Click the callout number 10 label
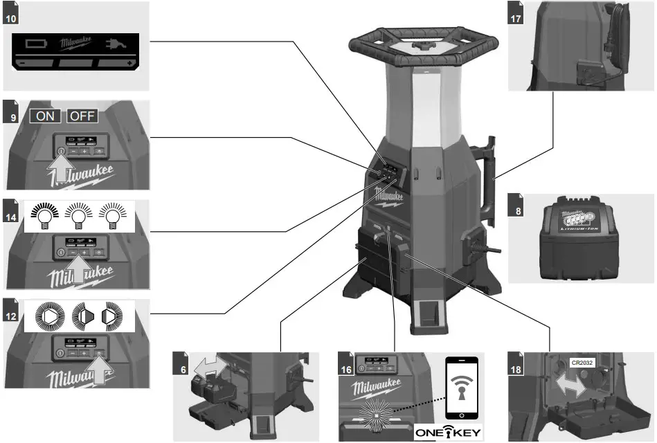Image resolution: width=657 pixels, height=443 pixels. pos(10,17)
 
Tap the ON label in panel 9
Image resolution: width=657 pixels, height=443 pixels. pos(45,116)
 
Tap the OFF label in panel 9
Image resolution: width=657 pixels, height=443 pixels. pos(81,116)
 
